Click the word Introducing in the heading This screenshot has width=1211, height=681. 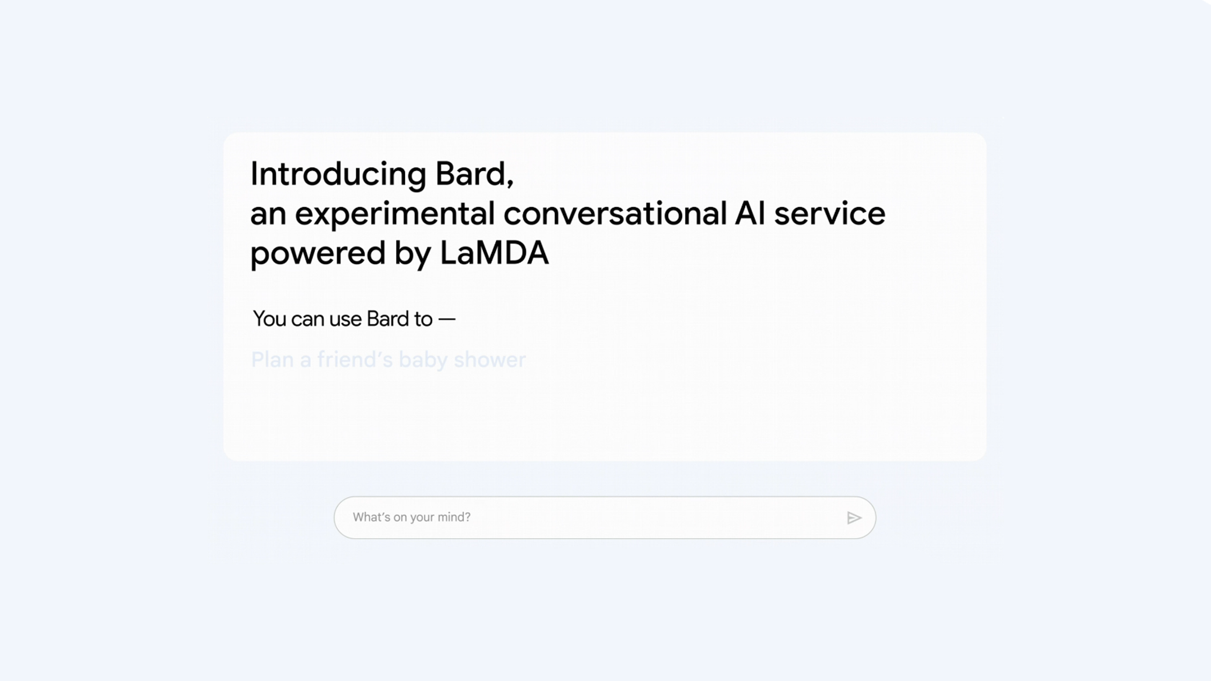click(x=338, y=174)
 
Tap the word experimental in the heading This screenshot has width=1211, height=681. click(x=395, y=214)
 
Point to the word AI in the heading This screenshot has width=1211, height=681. click(x=749, y=214)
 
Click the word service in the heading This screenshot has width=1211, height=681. click(x=829, y=214)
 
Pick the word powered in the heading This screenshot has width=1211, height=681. click(x=317, y=253)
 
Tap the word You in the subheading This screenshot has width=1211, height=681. click(x=269, y=319)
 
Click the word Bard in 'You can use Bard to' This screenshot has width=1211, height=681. click(x=387, y=319)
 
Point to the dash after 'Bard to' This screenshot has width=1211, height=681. click(x=447, y=320)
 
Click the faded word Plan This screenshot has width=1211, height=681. click(x=272, y=360)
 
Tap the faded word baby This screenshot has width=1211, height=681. click(x=423, y=360)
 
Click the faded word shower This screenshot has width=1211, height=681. click(x=490, y=360)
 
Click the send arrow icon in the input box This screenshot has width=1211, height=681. click(x=853, y=518)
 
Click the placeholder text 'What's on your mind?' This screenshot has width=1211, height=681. click(x=412, y=517)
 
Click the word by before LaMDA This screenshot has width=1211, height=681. click(x=412, y=253)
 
